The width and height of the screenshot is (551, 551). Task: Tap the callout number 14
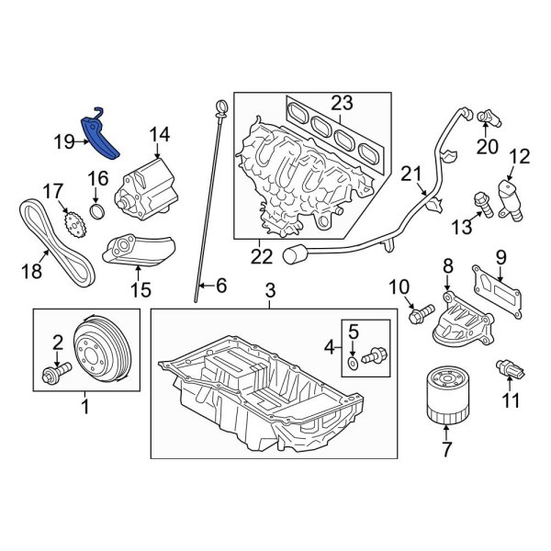(x=160, y=136)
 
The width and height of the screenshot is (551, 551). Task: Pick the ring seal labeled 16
(x=99, y=215)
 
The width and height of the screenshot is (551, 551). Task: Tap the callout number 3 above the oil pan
(x=270, y=292)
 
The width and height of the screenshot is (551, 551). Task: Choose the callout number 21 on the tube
(x=410, y=174)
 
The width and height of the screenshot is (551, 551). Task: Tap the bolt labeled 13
(x=478, y=199)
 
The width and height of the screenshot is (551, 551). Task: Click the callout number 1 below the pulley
(x=85, y=403)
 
